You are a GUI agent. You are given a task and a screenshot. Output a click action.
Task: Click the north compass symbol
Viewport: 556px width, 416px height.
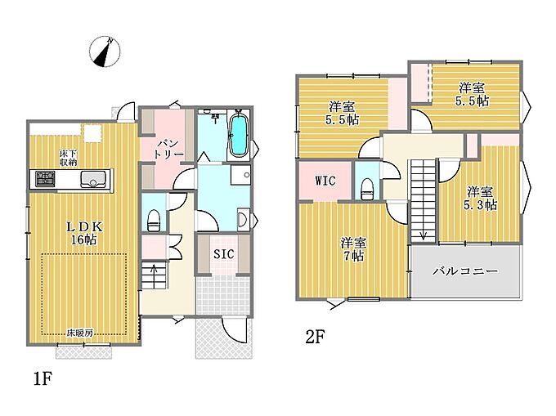click(x=105, y=51)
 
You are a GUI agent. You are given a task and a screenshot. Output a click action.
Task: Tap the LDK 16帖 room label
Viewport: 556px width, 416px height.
click(x=84, y=233)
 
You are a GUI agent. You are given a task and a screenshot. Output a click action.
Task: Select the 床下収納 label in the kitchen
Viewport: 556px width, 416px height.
click(x=69, y=158)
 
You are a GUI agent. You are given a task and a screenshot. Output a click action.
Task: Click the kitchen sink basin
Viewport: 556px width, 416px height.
click(x=93, y=179)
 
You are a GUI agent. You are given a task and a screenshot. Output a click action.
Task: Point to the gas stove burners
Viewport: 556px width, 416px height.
click(x=46, y=178)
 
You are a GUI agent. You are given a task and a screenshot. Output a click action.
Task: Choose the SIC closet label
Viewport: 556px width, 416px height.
click(x=224, y=253)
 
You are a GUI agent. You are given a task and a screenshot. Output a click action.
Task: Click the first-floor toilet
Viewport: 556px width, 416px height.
click(x=153, y=221)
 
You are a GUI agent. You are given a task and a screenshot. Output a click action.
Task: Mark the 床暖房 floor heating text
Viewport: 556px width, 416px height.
click(x=80, y=333)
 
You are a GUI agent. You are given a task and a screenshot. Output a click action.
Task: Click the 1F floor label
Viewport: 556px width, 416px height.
click(x=43, y=378)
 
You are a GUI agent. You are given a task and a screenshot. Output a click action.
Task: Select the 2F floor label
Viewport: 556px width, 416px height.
click(x=316, y=337)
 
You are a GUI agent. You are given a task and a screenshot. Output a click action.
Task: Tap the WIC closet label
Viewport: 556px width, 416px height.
click(x=325, y=181)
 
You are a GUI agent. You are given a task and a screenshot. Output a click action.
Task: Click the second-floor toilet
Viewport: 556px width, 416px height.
click(x=366, y=189)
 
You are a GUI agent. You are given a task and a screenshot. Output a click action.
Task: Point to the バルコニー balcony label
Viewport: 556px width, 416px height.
click(x=465, y=271)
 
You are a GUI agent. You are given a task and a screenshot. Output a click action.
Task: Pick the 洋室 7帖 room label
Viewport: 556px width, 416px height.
click(x=353, y=249)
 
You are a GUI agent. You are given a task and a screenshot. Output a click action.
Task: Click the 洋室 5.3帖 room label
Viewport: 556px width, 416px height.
click(x=480, y=198)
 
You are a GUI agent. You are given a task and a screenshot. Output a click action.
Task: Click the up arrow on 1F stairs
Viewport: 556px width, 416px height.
click(x=155, y=270)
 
